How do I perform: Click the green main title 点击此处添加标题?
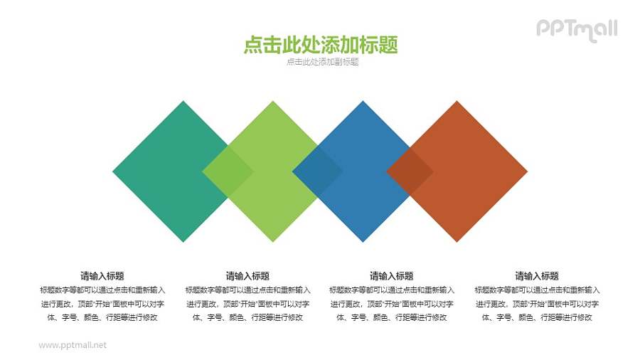[320, 45]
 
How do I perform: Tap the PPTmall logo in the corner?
[576, 29]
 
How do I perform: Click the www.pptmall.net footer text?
[73, 345]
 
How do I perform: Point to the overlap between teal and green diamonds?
[228, 171]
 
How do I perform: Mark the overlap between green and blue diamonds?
[318, 171]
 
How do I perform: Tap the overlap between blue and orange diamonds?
[410, 171]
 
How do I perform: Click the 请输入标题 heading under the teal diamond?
[103, 276]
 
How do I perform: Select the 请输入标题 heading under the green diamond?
[247, 276]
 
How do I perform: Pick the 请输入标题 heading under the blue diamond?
[392, 276]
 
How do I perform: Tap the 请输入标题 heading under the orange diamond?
[537, 276]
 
